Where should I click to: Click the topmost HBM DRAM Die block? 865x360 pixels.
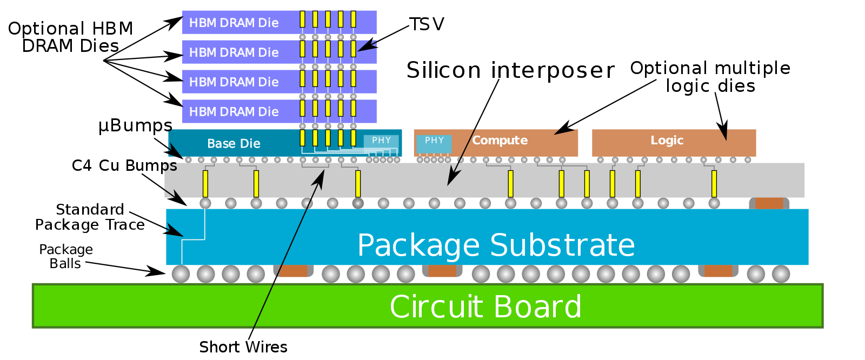click(279, 22)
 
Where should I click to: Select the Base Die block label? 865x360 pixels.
click(234, 143)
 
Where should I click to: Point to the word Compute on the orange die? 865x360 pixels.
click(500, 140)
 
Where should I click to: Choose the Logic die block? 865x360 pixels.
click(674, 143)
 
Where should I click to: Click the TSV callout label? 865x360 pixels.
click(427, 24)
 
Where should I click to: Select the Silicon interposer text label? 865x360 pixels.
click(510, 70)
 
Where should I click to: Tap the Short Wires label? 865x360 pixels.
click(243, 347)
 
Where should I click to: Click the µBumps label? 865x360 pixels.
click(135, 125)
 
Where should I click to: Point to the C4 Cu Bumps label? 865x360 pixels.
click(124, 165)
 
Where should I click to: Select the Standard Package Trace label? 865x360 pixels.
click(90, 217)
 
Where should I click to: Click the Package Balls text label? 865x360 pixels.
click(65, 256)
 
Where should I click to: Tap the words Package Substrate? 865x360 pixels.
click(496, 245)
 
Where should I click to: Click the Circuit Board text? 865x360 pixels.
click(485, 306)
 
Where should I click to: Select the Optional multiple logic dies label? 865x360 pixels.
click(710, 77)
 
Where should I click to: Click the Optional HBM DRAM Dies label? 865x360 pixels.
click(71, 37)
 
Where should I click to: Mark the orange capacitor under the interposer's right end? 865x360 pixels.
click(769, 203)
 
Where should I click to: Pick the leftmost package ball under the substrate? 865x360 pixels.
click(181, 274)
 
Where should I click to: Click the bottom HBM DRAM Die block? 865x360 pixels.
click(279, 111)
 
